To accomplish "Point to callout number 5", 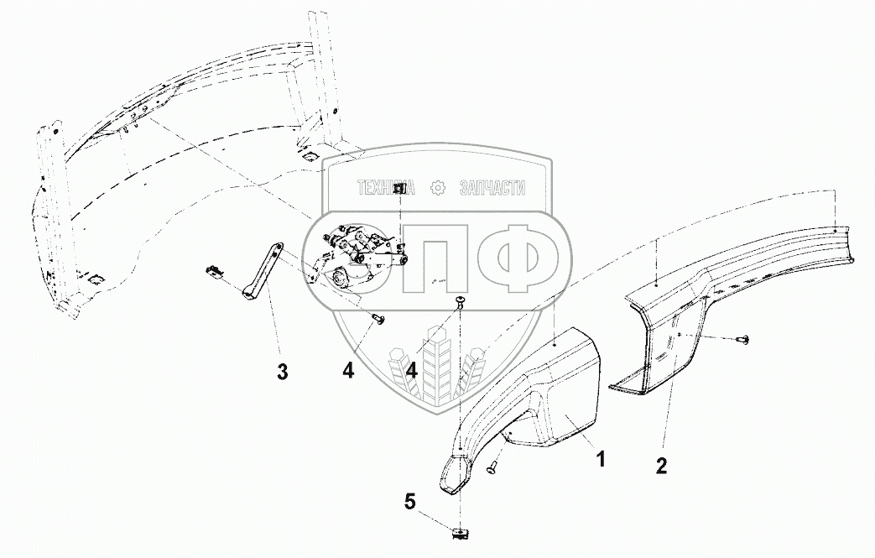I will coord(409,503).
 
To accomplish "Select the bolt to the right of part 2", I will coord(742,338).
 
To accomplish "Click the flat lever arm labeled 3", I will coord(263,269).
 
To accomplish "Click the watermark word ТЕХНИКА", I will coord(389,189).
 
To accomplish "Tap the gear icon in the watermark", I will coord(437,189).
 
